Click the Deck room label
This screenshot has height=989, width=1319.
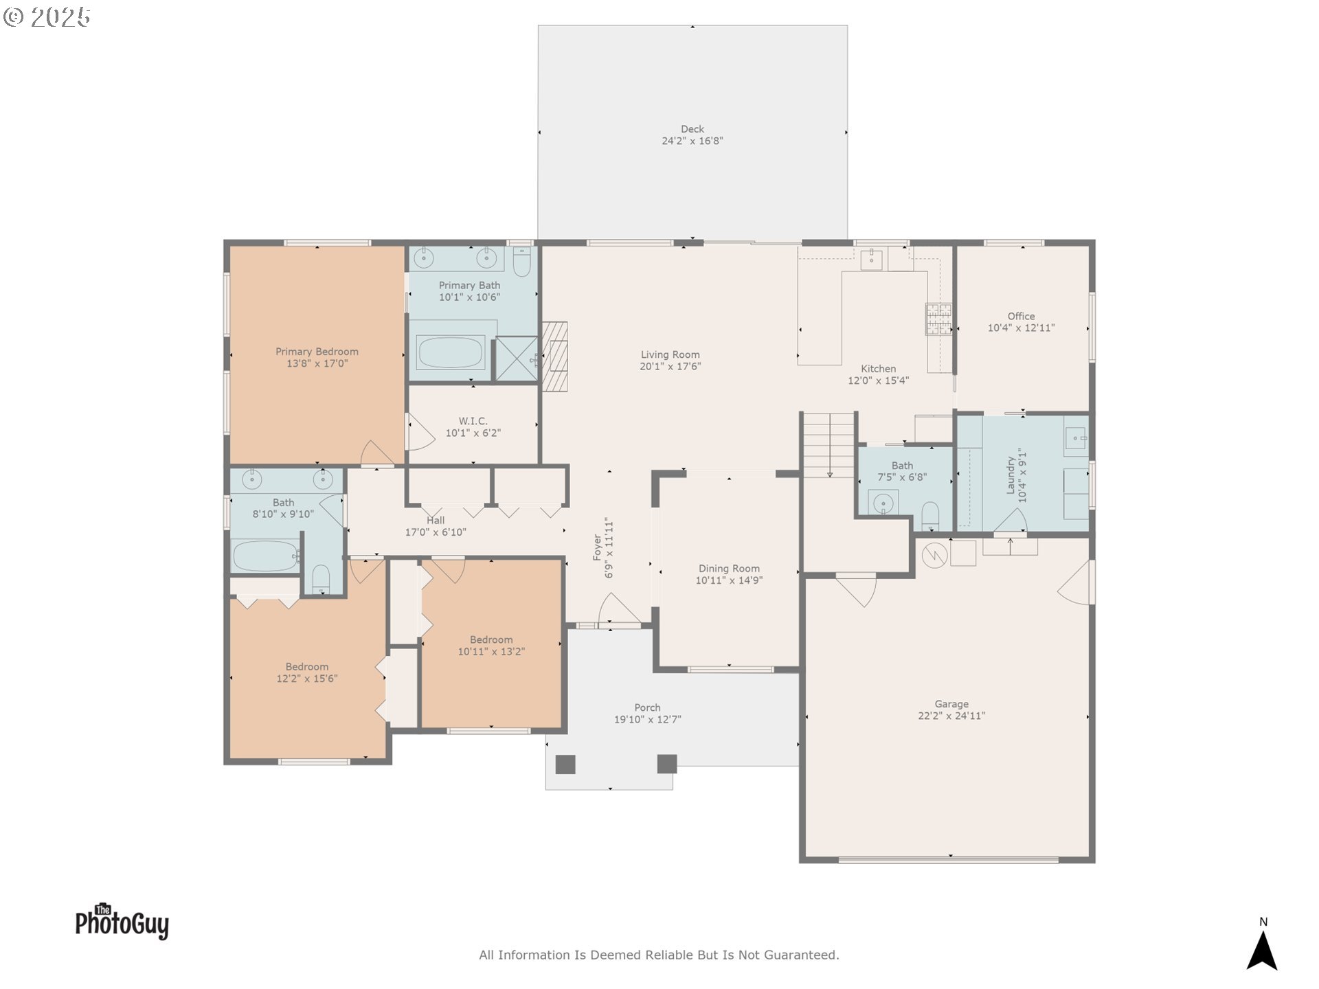click(692, 129)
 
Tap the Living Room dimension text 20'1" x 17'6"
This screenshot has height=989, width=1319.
click(670, 367)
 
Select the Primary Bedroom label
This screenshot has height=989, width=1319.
click(317, 352)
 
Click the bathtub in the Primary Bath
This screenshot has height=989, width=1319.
click(450, 352)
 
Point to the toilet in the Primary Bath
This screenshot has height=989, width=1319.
click(522, 261)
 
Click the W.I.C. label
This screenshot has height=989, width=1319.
click(473, 421)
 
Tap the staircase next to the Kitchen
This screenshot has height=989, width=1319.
click(829, 445)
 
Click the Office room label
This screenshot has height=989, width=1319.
click(1021, 317)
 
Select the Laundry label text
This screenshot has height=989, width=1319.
click(1011, 475)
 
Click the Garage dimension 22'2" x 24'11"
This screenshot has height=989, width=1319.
click(951, 716)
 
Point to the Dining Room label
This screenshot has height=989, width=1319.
click(729, 569)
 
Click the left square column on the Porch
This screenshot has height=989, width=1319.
click(565, 764)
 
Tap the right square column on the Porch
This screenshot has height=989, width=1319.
click(667, 764)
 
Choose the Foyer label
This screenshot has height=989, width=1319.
click(597, 548)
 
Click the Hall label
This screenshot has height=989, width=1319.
click(436, 521)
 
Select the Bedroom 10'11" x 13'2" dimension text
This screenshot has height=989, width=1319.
click(491, 652)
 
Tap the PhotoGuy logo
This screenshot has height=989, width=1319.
click(122, 921)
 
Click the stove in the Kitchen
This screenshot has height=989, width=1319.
click(938, 319)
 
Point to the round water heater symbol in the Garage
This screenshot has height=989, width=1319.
click(934, 555)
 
